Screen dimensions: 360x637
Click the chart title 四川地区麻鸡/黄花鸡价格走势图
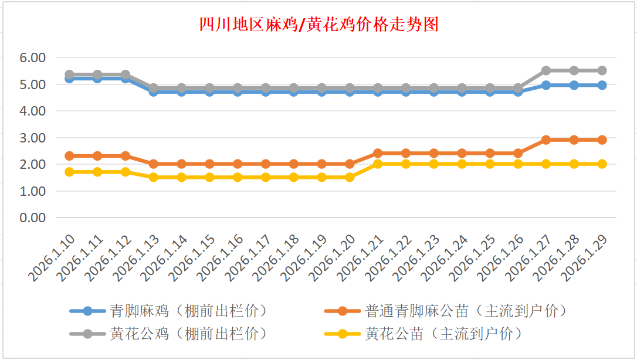[x=318, y=25]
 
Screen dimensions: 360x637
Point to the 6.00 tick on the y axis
[x=33, y=57]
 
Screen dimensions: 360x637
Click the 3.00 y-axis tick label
[x=33, y=138]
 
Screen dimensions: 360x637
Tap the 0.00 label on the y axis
[x=33, y=218]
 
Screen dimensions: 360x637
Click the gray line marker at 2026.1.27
[x=546, y=70]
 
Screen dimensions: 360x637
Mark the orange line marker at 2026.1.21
[x=378, y=154]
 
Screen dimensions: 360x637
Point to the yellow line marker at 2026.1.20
[x=350, y=177]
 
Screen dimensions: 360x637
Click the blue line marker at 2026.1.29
[x=602, y=85]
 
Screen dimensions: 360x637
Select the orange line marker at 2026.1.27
[x=546, y=140]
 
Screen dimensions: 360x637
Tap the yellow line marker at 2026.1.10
[x=69, y=172]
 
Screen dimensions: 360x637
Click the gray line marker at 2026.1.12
[x=126, y=75]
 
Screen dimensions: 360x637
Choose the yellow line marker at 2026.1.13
[x=154, y=177]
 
